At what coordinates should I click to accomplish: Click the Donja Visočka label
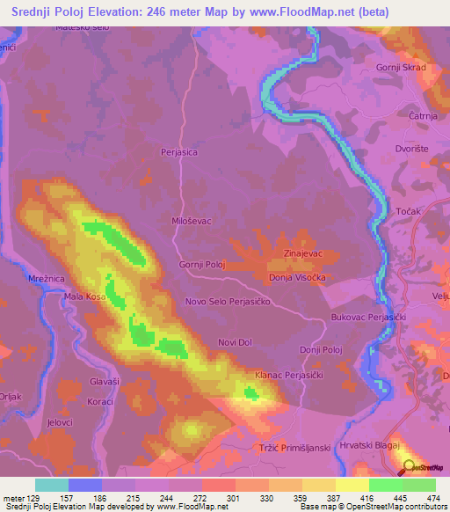(x=298, y=277)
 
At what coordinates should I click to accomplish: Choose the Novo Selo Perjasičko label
(x=231, y=302)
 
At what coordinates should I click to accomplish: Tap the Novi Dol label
(x=236, y=341)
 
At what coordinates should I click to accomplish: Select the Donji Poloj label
(x=320, y=350)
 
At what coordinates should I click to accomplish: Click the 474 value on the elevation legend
(x=432, y=498)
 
